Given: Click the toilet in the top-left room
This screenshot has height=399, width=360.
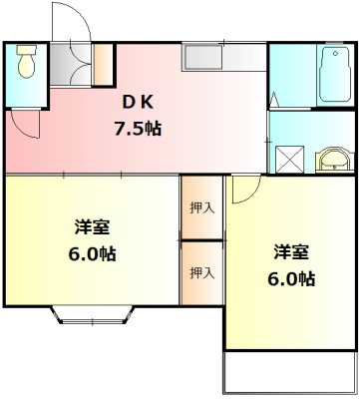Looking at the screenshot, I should click(x=25, y=66).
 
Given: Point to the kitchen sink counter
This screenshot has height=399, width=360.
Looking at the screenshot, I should click(x=223, y=57).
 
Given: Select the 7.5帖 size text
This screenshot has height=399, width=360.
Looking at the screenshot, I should click(x=140, y=129).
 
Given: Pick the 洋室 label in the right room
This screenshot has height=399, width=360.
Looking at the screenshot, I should click(x=290, y=251).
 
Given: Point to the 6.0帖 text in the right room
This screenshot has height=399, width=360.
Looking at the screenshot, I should click(x=291, y=278).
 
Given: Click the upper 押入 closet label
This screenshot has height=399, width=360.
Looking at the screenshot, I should click(x=202, y=207).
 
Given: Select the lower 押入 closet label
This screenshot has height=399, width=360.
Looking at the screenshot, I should click(x=202, y=271).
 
